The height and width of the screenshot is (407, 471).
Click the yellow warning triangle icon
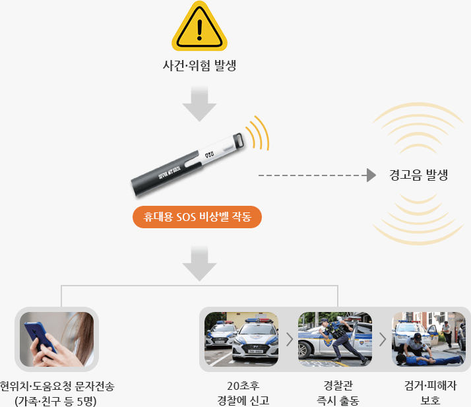(199, 28)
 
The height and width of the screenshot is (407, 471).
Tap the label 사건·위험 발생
(199, 66)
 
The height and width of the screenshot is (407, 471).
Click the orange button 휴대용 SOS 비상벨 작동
(197, 217)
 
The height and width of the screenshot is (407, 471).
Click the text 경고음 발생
(419, 175)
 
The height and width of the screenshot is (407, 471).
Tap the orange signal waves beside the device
(259, 132)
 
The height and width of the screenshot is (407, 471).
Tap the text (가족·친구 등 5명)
(56, 400)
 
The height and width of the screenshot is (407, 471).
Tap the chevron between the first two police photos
(288, 340)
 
